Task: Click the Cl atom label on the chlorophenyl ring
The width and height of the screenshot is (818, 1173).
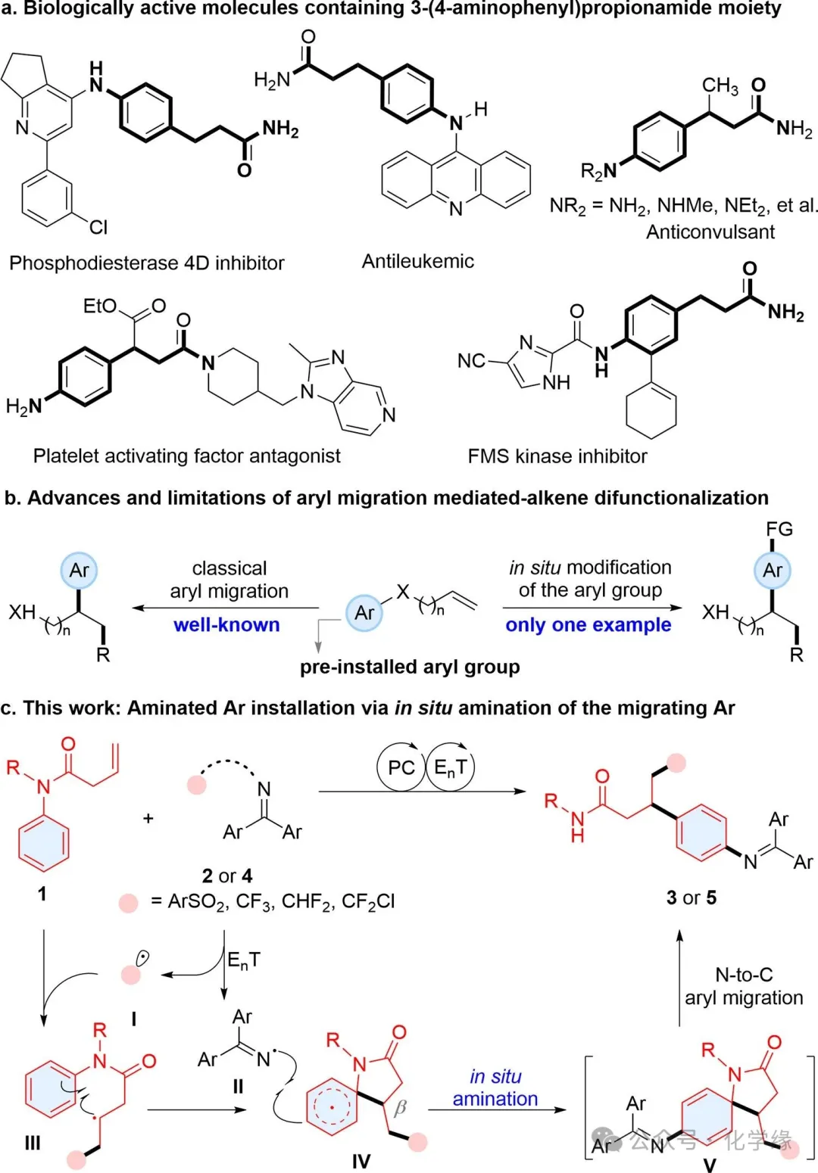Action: pos(98,226)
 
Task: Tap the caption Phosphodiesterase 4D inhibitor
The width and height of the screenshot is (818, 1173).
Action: pos(147,263)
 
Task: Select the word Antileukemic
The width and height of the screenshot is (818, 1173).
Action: pos(418,261)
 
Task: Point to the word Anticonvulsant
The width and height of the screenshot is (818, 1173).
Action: pos(710,232)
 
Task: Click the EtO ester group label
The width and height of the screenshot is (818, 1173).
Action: pos(100,306)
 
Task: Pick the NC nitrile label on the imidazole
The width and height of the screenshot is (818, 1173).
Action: pos(471,360)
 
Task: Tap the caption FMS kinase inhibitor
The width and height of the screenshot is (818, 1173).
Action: pos(557,456)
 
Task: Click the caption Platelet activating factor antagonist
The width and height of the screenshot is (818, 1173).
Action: pos(186,456)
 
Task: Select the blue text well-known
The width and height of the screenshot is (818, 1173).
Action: pos(226,624)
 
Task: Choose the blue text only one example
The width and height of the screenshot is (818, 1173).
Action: pos(589,624)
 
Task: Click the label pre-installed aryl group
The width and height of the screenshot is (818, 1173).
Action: pos(410,667)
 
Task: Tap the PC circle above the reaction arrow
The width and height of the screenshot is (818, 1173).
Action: pos(401,767)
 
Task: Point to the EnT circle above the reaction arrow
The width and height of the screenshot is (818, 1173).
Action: pos(451,767)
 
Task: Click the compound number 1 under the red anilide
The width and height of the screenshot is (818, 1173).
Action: pos(42,894)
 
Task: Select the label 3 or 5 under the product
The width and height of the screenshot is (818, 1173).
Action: pos(691,898)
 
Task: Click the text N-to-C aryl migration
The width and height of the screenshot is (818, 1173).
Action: pos(744,986)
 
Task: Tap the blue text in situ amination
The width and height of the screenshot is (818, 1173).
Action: pos(495,1087)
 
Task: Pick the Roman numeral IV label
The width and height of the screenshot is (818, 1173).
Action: pos(361,1161)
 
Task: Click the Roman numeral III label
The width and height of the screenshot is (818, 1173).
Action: pos(32,1143)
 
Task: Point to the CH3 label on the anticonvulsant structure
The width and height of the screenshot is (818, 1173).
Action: pos(720,86)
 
